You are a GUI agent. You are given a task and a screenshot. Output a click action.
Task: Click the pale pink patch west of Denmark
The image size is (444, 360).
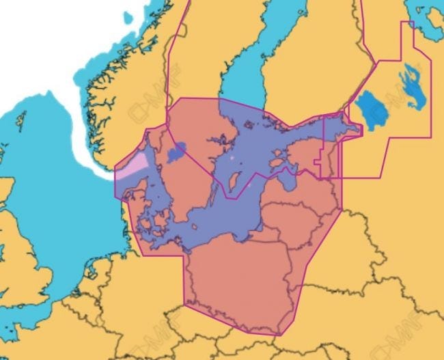133,164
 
